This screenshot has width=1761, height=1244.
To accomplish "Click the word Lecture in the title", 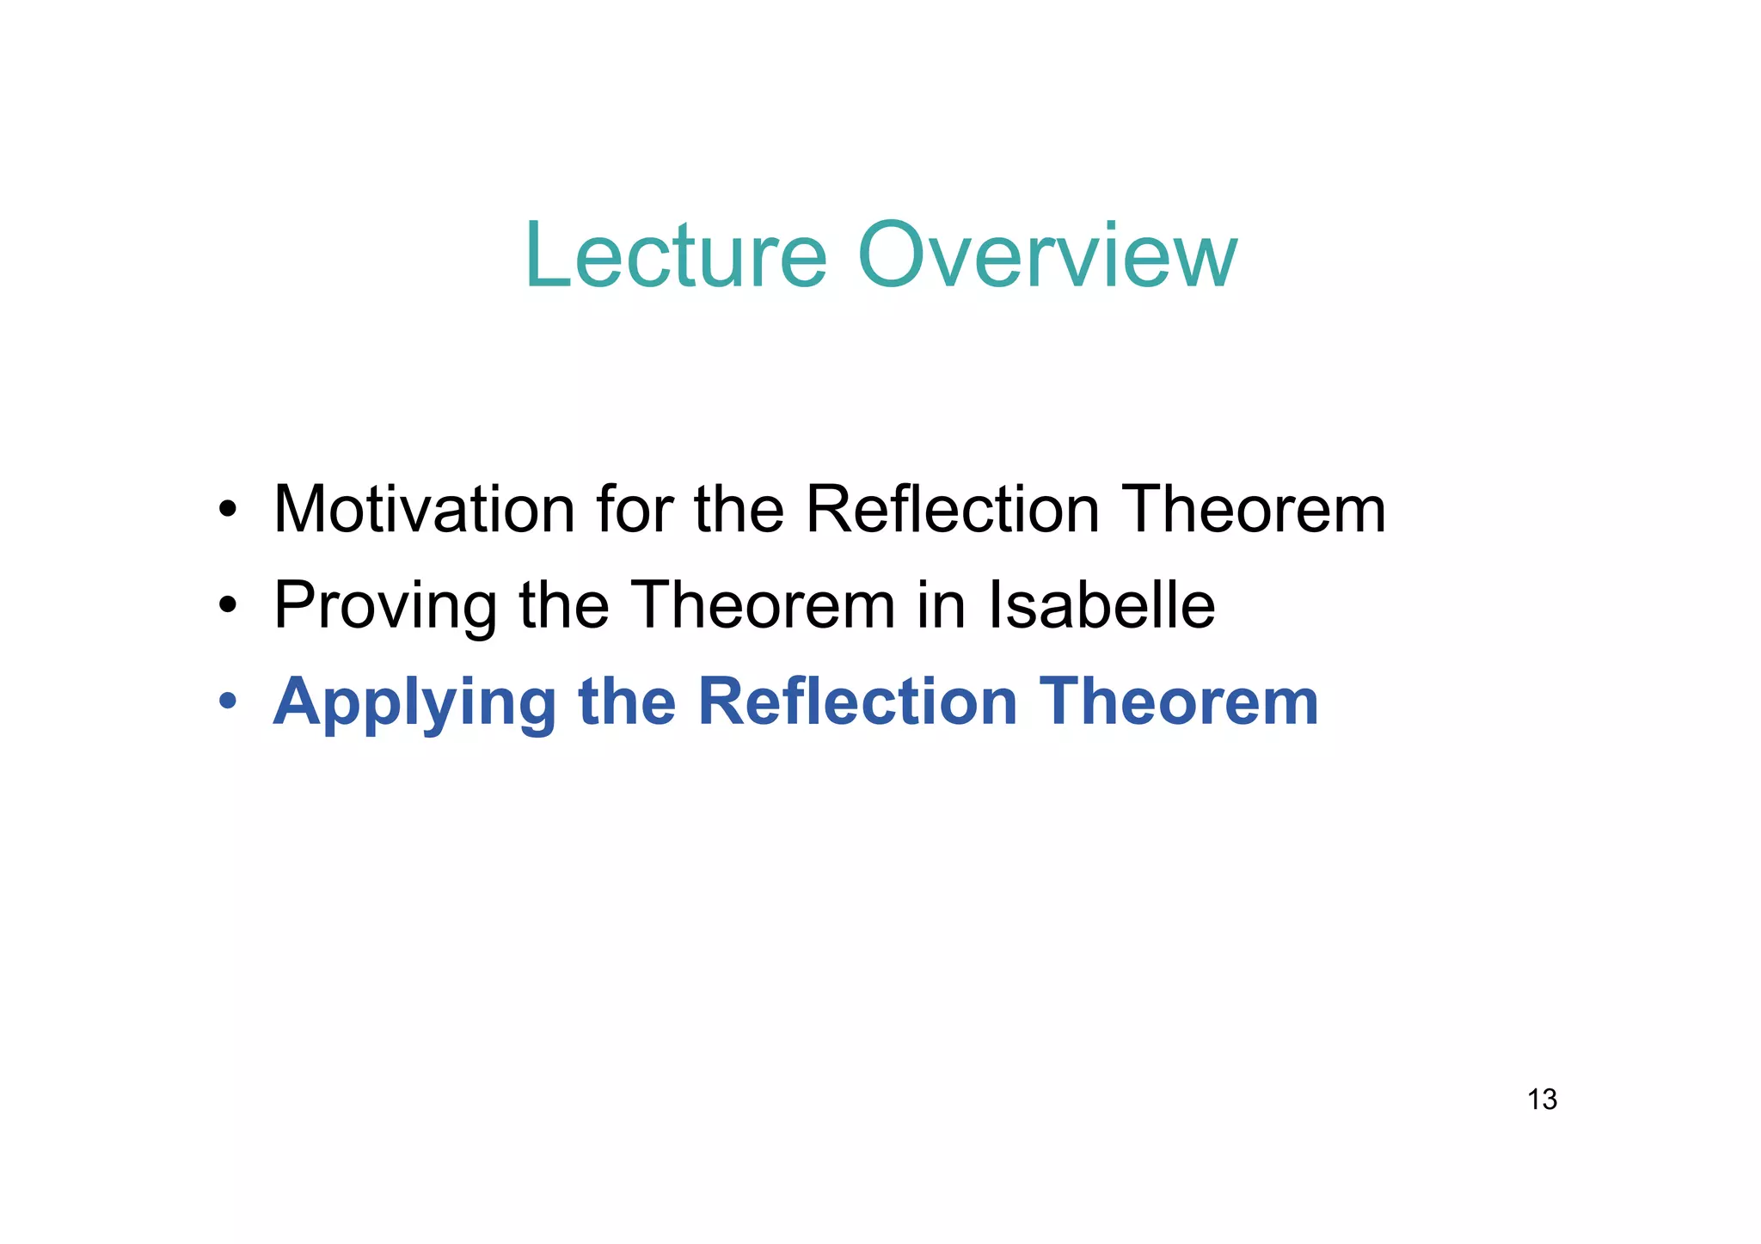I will [x=675, y=256].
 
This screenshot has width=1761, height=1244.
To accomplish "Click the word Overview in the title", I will [x=1047, y=256].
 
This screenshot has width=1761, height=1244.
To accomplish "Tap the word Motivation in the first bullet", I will [x=423, y=510].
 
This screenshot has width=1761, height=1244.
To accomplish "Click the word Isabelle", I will [x=1101, y=605].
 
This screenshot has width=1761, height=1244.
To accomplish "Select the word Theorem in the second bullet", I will [x=763, y=605].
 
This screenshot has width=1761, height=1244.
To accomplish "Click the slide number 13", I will [x=1542, y=1100].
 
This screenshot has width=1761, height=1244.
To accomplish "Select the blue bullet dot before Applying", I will [x=227, y=703].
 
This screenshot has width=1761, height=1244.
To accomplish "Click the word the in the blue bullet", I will [x=627, y=702].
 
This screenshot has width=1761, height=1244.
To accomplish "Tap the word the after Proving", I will [x=564, y=605].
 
